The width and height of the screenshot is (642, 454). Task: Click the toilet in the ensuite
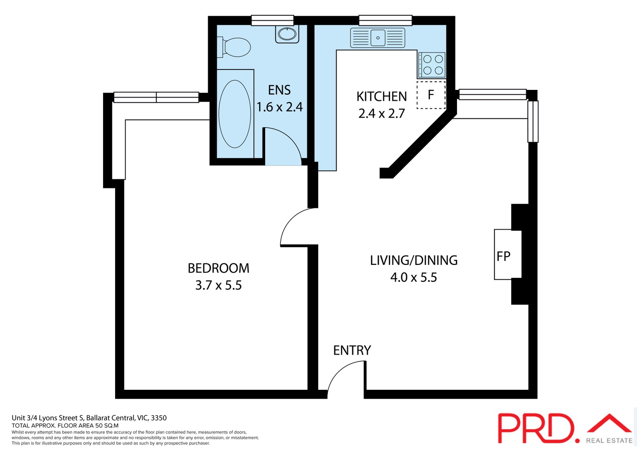click(236, 47)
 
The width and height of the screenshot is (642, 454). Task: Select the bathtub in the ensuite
click(235, 114)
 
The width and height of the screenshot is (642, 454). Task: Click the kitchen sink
click(378, 38)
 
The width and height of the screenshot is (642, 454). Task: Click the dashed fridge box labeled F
click(431, 95)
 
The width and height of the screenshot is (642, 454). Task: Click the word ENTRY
click(352, 350)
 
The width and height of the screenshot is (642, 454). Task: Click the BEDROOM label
click(218, 268)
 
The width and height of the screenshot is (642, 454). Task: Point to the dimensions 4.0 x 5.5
click(413, 277)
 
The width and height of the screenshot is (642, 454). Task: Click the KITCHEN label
click(381, 96)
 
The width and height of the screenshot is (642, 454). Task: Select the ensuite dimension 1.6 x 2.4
click(279, 107)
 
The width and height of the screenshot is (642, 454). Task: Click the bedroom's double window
click(156, 97)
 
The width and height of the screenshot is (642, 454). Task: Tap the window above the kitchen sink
click(385, 20)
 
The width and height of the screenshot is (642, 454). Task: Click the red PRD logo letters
click(536, 428)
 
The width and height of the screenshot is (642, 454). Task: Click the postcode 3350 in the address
click(158, 418)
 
